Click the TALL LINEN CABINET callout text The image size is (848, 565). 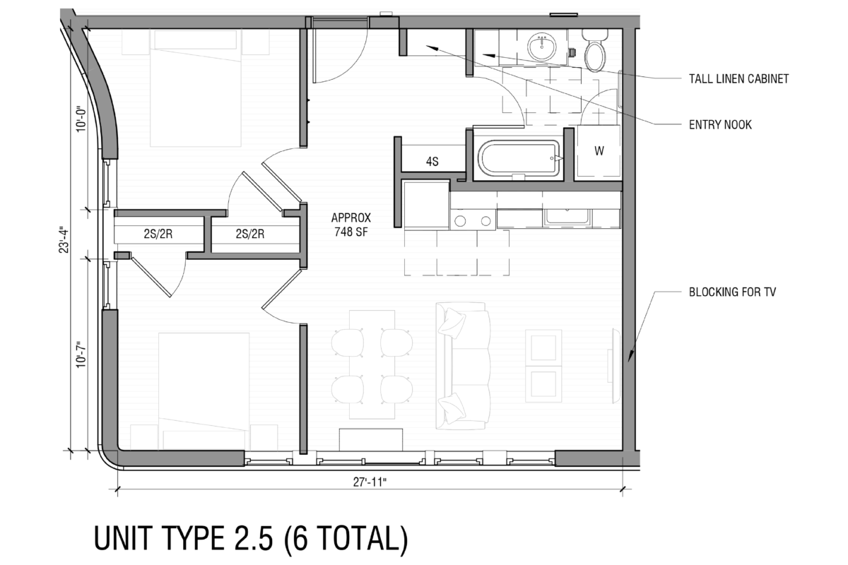[x=738, y=79]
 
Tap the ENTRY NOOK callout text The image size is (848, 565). [x=720, y=125]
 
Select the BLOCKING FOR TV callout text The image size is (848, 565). [x=732, y=292]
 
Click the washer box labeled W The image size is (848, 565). [x=599, y=151]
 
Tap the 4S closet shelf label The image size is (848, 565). [x=432, y=162]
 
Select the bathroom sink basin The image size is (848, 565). [x=544, y=48]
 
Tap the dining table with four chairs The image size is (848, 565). [x=372, y=364]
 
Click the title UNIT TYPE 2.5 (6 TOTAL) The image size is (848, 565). [x=251, y=538]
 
